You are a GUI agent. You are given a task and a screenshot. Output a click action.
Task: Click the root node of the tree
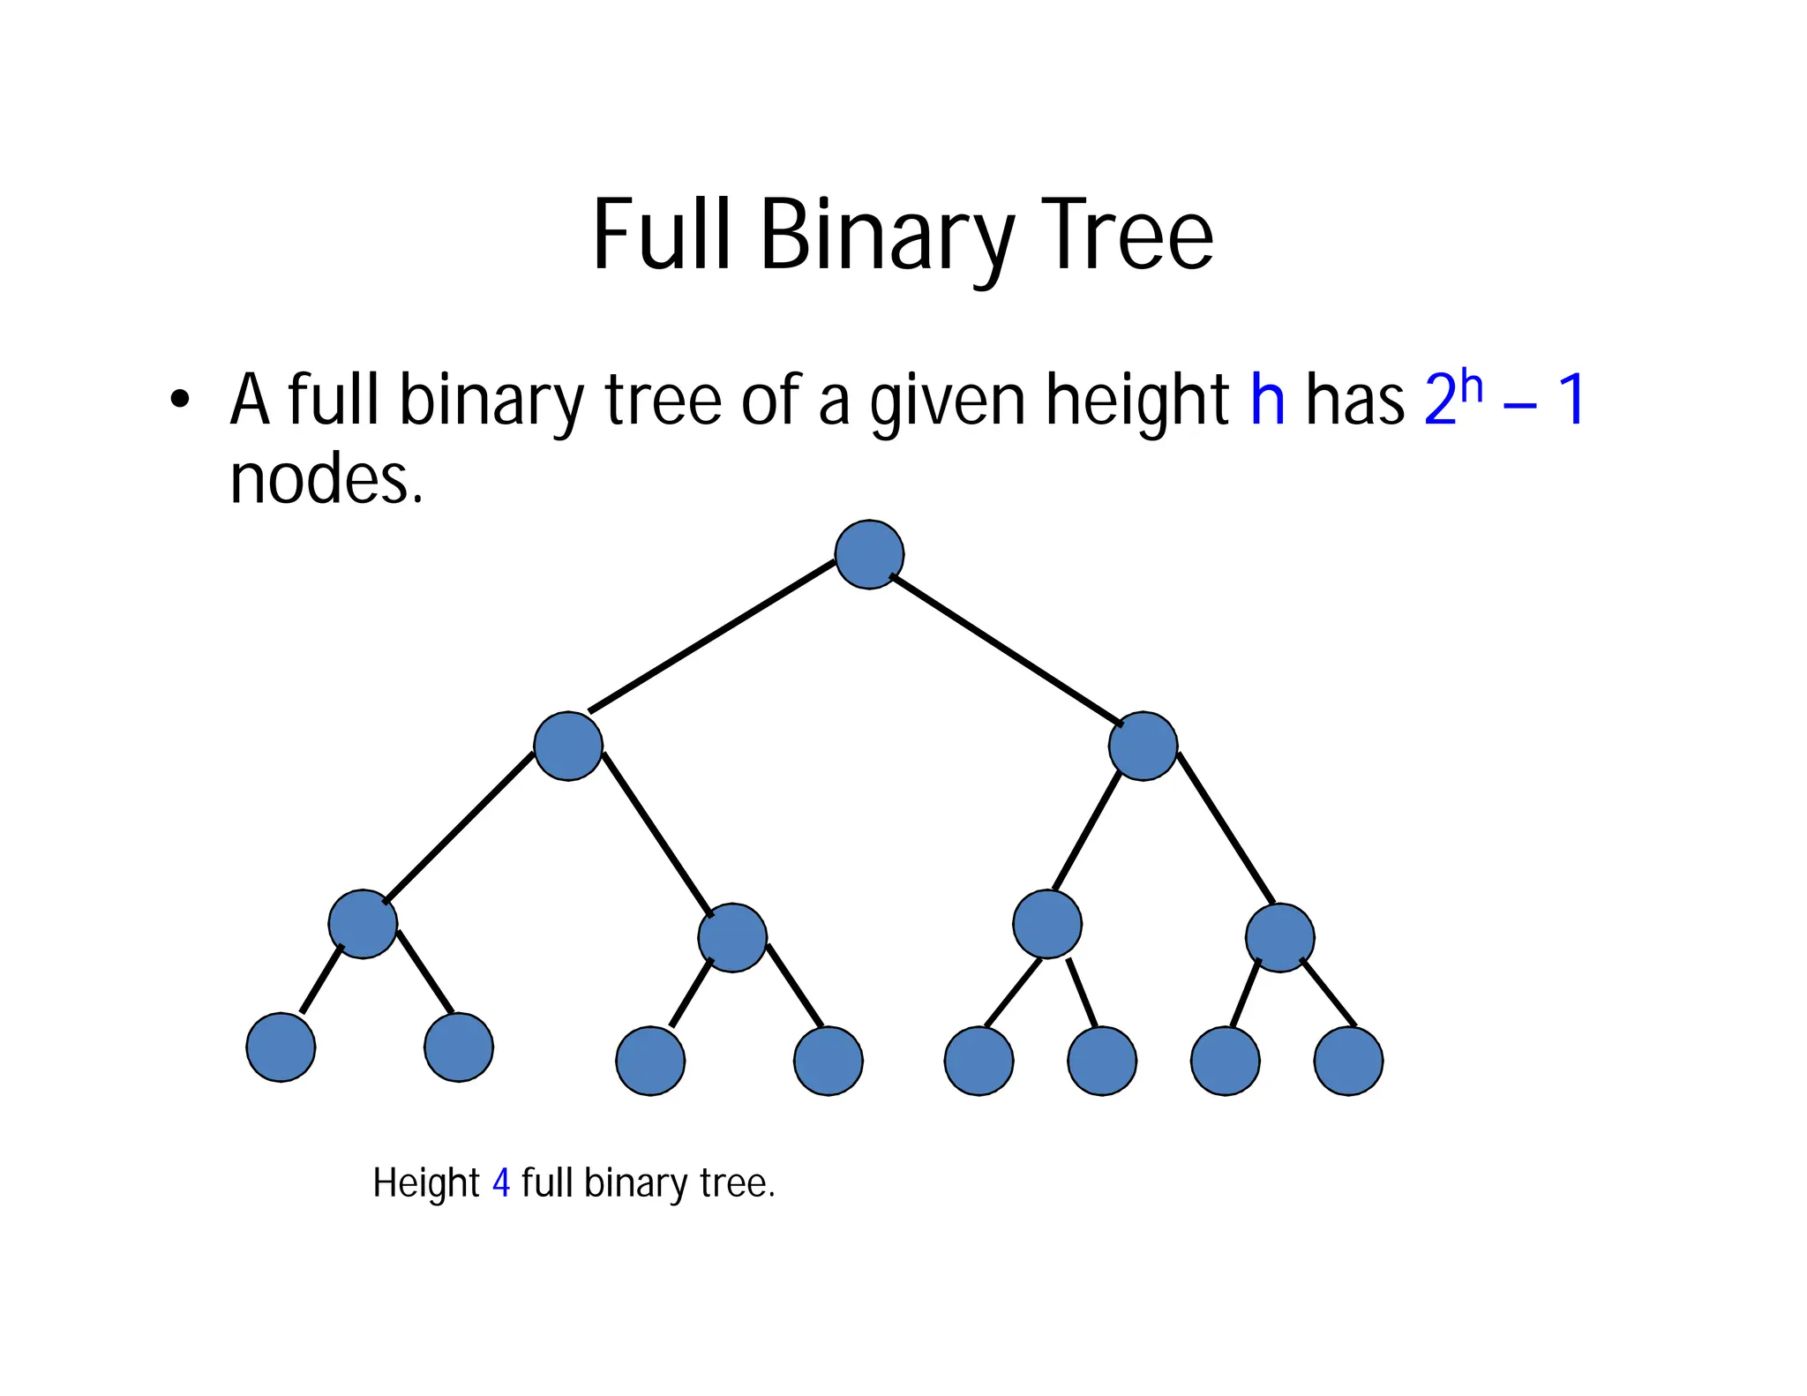point(869,554)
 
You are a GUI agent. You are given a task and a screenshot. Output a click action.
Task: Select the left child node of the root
point(568,746)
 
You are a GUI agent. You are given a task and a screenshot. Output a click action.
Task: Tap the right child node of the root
point(1143,746)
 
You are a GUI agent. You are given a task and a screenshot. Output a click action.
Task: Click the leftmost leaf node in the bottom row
point(281,1047)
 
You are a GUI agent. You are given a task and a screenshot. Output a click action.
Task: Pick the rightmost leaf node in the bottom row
point(1348,1061)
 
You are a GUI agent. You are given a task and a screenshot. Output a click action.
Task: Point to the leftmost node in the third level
point(363,924)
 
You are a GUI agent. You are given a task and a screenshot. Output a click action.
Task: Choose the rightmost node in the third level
point(1279,937)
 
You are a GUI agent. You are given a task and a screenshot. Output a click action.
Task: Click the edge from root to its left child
point(711,636)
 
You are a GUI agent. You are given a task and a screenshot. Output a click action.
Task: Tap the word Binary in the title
point(887,236)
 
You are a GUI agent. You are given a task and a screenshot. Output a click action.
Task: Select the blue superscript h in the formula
point(1471,386)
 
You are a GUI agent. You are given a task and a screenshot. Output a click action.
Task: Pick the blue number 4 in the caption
point(501,1182)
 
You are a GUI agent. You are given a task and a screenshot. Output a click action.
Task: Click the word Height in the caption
point(425,1183)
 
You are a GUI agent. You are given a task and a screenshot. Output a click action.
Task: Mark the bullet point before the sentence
point(180,400)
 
